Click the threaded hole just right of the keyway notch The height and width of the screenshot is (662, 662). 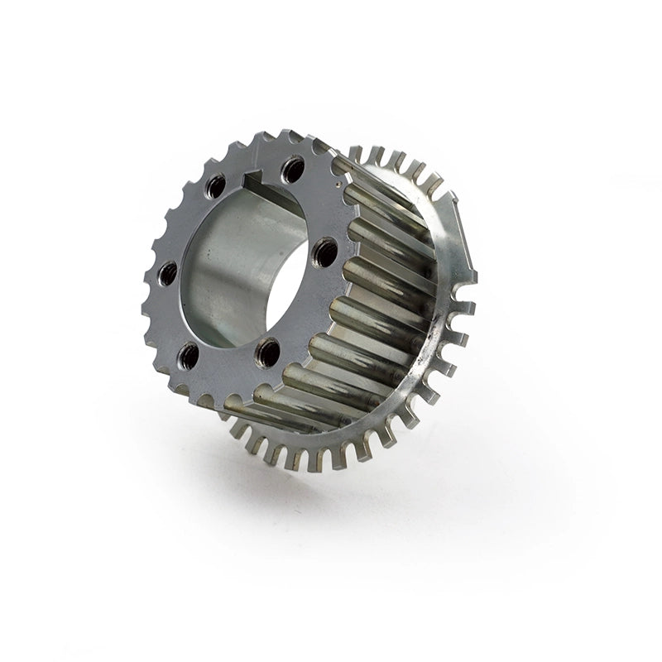[x=291, y=171]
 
